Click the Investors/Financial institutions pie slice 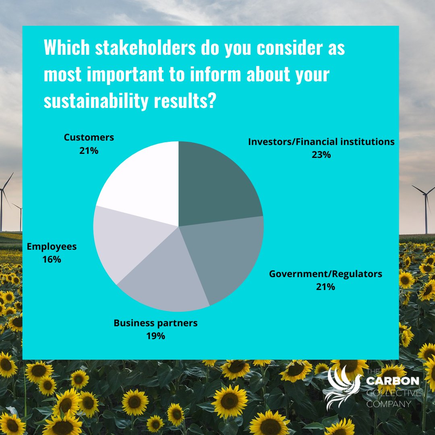(x=216, y=186)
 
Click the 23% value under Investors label (x=321, y=155)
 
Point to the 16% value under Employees (x=52, y=259)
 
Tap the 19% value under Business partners (x=155, y=336)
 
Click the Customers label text (x=89, y=137)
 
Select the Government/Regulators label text (x=325, y=274)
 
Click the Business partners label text (x=155, y=323)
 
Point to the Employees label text (x=52, y=246)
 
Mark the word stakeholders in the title (x=145, y=48)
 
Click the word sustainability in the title (x=96, y=101)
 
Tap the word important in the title (x=125, y=75)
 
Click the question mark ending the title (x=212, y=100)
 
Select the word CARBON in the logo (x=393, y=381)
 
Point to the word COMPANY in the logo (x=388, y=404)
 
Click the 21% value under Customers (x=89, y=151)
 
